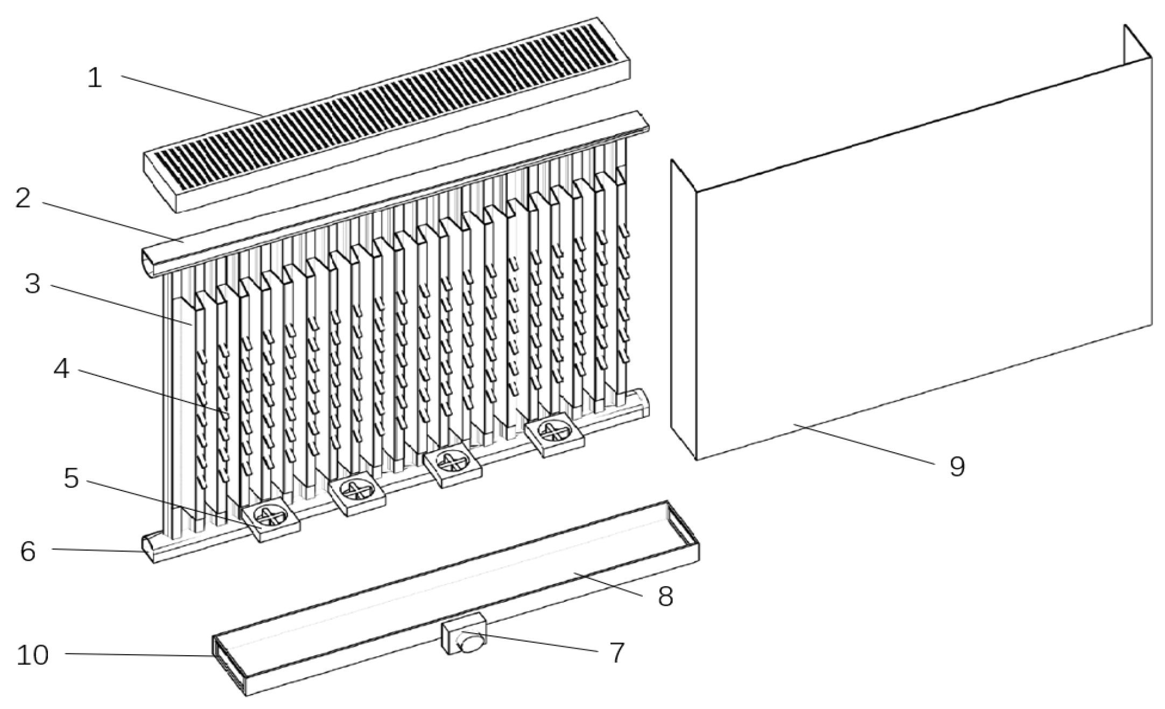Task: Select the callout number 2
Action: point(23,199)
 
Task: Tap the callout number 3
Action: point(33,284)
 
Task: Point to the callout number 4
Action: point(61,369)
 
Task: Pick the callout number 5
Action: point(71,478)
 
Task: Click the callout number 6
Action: point(28,551)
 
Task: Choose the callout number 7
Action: point(617,652)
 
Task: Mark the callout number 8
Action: point(665,596)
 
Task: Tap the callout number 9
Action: point(957,466)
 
